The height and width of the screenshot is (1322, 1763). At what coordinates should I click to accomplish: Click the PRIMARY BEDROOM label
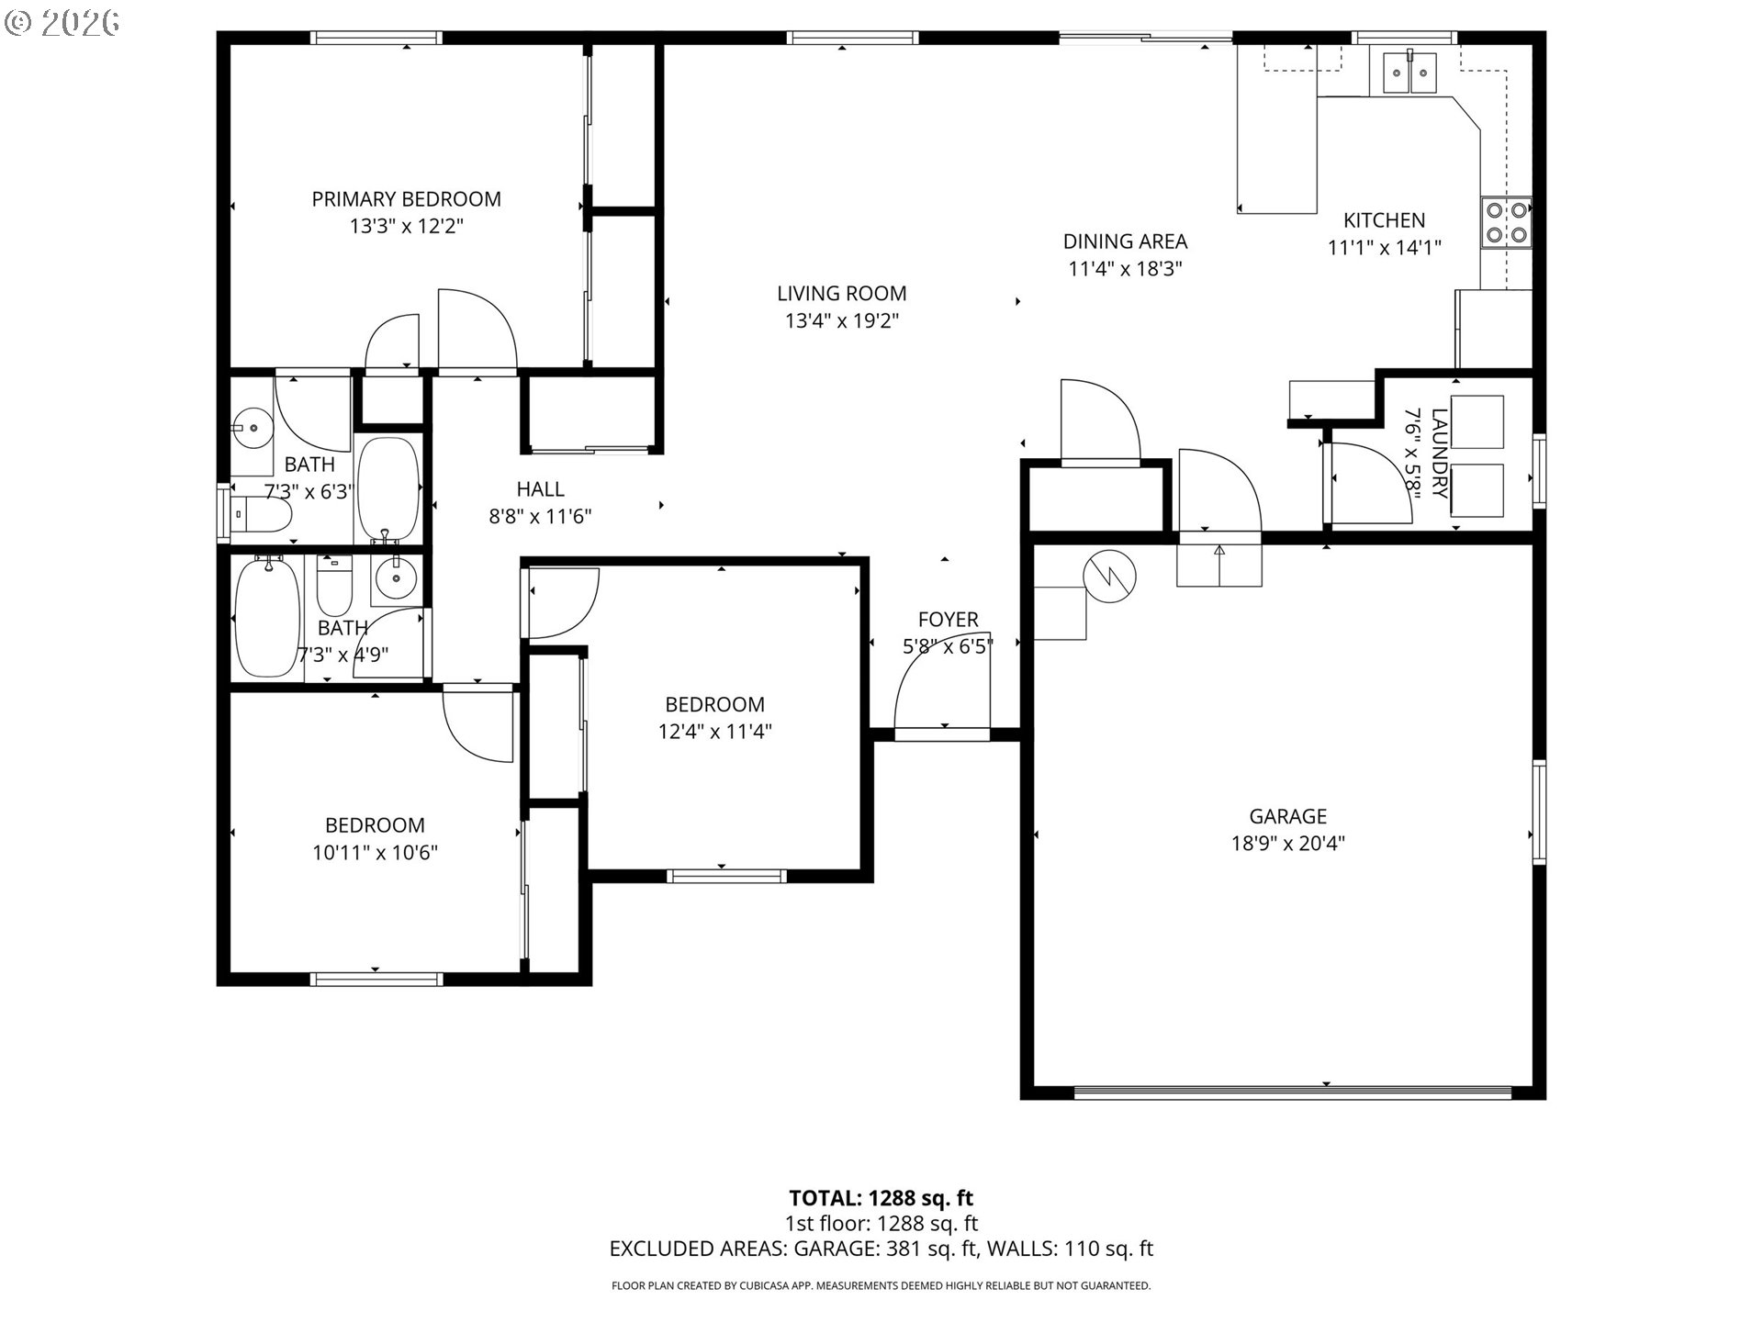click(406, 199)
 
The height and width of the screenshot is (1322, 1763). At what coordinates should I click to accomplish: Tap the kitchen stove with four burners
click(1506, 223)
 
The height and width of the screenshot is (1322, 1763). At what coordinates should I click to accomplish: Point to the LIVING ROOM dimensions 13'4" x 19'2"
click(841, 320)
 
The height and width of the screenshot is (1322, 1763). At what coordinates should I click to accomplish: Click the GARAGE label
click(1287, 816)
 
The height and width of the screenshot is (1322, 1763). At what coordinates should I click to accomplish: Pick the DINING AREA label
click(1125, 241)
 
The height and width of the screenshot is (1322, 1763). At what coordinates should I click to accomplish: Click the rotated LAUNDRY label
click(1438, 454)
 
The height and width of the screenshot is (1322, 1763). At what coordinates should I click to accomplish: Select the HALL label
click(540, 489)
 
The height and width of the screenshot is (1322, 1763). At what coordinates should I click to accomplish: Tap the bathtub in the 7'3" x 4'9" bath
click(267, 617)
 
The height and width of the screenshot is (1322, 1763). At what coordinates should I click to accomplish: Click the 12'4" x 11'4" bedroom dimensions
click(714, 732)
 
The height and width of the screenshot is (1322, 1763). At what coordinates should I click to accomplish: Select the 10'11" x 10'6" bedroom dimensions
click(375, 853)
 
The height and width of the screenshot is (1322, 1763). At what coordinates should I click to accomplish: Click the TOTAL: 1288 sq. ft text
click(881, 1198)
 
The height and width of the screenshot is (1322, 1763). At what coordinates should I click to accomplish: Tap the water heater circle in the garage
click(1109, 577)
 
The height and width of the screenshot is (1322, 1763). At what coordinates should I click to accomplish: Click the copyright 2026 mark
click(62, 23)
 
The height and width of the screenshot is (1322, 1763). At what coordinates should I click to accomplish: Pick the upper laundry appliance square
click(1477, 422)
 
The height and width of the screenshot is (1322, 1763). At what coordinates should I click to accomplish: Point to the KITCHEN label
click(1384, 220)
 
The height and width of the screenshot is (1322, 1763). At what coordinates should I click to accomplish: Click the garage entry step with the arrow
click(1219, 565)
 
